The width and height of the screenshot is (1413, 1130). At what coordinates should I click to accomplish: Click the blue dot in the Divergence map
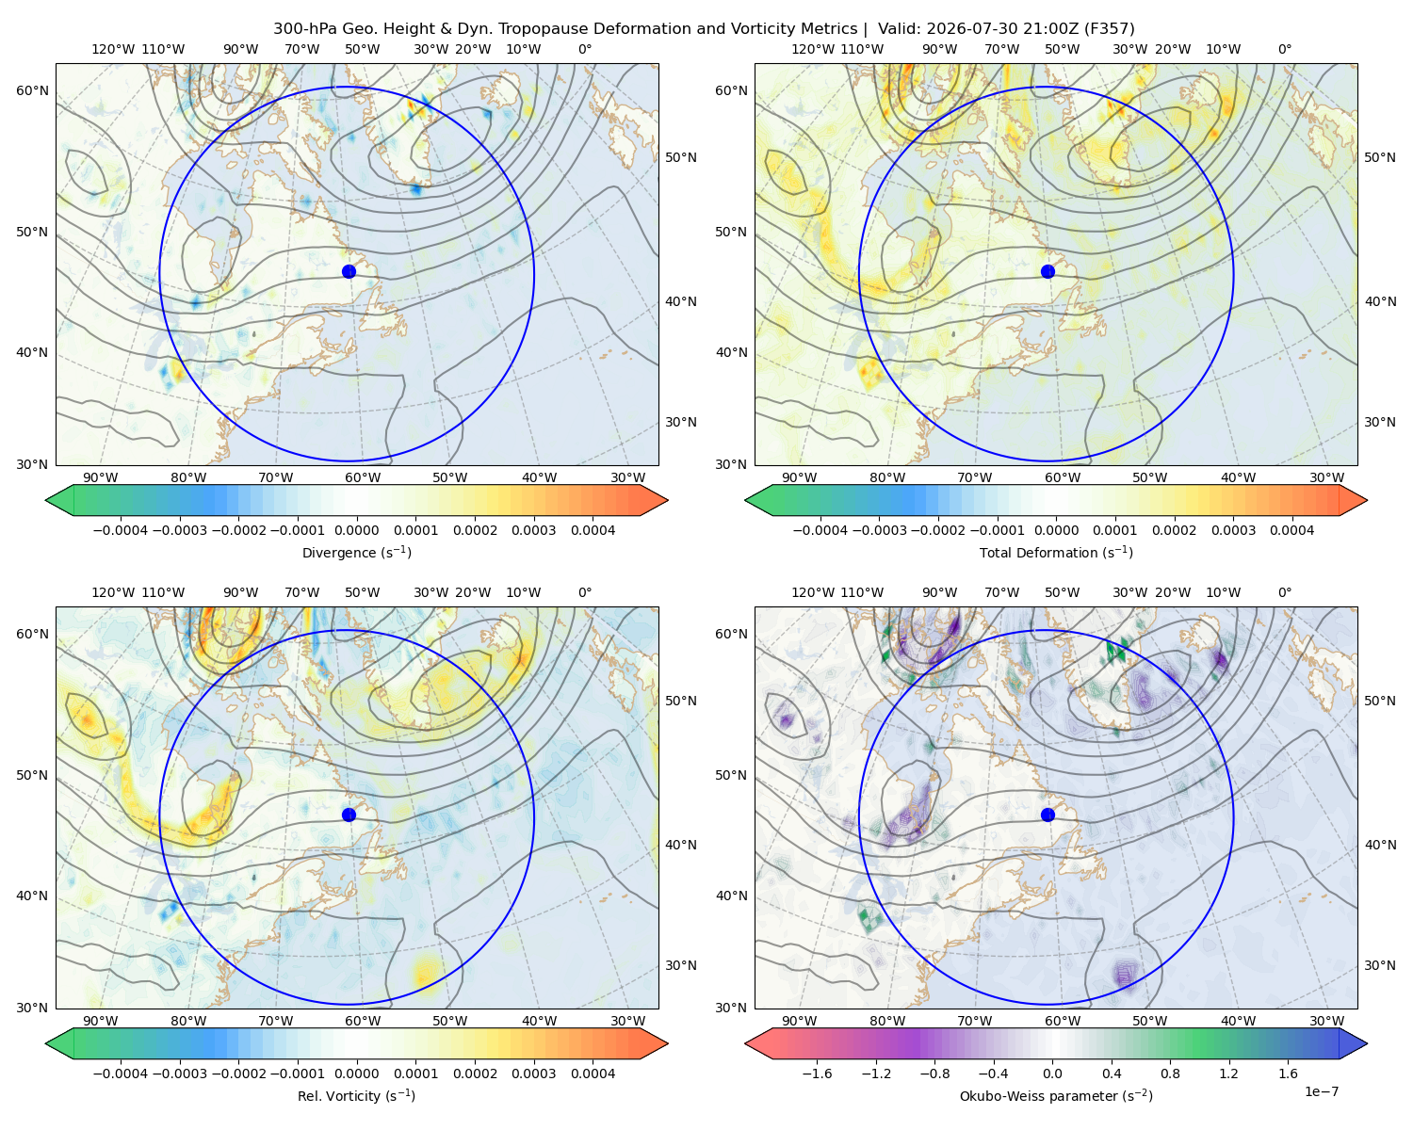click(349, 271)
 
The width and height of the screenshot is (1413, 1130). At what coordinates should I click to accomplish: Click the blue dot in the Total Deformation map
click(1048, 271)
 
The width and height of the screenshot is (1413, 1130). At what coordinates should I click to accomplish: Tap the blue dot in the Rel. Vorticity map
click(349, 815)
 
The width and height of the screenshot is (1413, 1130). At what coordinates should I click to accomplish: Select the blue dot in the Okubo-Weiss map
click(1048, 815)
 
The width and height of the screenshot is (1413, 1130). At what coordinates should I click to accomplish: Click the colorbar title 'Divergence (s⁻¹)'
click(356, 552)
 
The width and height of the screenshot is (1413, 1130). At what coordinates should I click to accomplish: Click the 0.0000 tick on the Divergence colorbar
click(356, 530)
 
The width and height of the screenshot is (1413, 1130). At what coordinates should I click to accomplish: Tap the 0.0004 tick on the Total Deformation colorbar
click(1291, 530)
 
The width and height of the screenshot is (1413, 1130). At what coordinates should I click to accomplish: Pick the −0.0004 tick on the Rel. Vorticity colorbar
click(121, 1073)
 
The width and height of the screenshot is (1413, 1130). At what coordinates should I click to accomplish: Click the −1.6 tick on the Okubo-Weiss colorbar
click(817, 1073)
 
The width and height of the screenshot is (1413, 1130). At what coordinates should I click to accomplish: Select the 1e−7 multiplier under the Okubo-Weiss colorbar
click(1321, 1091)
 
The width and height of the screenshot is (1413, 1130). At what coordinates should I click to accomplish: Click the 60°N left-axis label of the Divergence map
click(32, 90)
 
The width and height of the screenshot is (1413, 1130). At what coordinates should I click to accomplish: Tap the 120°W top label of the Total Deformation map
click(812, 49)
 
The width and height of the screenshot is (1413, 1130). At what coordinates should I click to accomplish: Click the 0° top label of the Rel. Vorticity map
click(585, 591)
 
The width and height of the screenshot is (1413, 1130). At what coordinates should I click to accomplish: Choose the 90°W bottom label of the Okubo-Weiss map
click(799, 1021)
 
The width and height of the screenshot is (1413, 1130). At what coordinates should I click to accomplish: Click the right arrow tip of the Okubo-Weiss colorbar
click(1367, 1043)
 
